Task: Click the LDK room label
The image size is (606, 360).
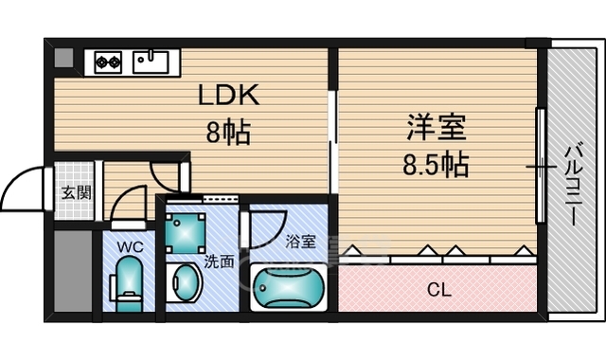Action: click(227, 96)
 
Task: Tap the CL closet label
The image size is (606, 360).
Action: click(438, 290)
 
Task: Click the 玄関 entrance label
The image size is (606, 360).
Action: click(76, 193)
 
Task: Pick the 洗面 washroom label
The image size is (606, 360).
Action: click(219, 261)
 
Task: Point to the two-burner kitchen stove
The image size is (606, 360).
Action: click(107, 63)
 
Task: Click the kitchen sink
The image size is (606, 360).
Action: click(151, 62)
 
